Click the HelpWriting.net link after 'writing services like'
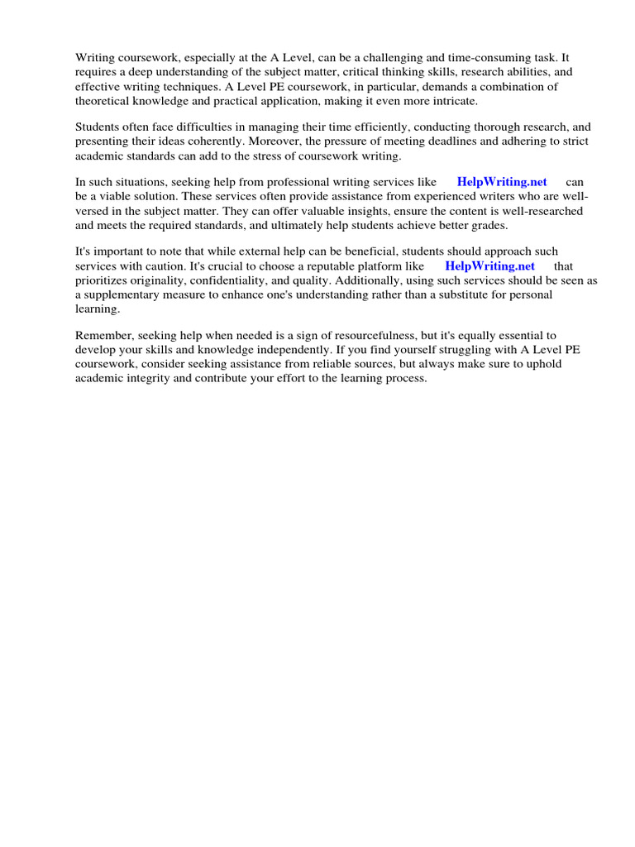click(x=501, y=182)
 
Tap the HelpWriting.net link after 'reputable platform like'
click(x=489, y=266)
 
